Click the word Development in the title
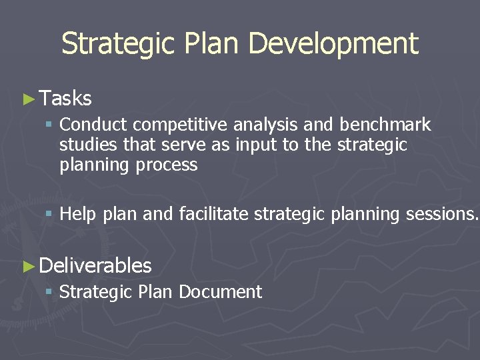pyautogui.click(x=333, y=44)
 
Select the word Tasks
pyautogui.click(x=65, y=99)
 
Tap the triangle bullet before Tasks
pyautogui.click(x=27, y=99)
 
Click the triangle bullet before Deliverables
pyautogui.click(x=27, y=266)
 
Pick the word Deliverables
pyautogui.click(x=95, y=266)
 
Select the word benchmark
pyautogui.click(x=385, y=125)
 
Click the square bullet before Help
pyautogui.click(x=49, y=215)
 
